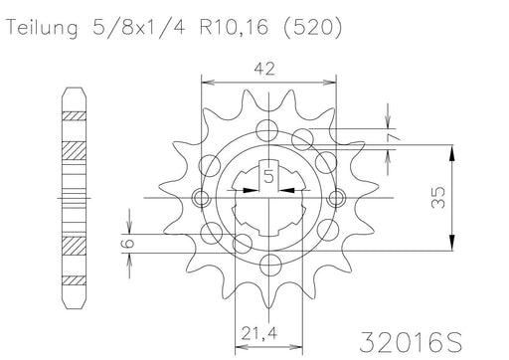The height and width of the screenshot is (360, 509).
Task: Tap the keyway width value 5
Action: (268, 178)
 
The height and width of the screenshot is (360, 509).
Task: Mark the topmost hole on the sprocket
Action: (267, 127)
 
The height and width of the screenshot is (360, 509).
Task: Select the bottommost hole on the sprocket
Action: (266, 266)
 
